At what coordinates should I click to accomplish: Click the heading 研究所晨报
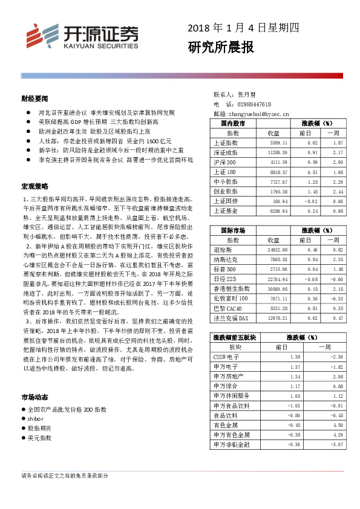point(220,47)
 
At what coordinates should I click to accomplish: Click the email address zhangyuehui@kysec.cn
point(260,113)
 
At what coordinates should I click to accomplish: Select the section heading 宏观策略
point(34,186)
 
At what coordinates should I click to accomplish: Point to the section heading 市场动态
point(34,398)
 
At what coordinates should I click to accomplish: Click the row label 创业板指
point(226,191)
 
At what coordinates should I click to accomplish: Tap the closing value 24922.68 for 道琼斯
point(275,250)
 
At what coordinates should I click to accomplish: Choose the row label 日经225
point(225,279)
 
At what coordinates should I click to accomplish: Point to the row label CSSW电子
point(227,357)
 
